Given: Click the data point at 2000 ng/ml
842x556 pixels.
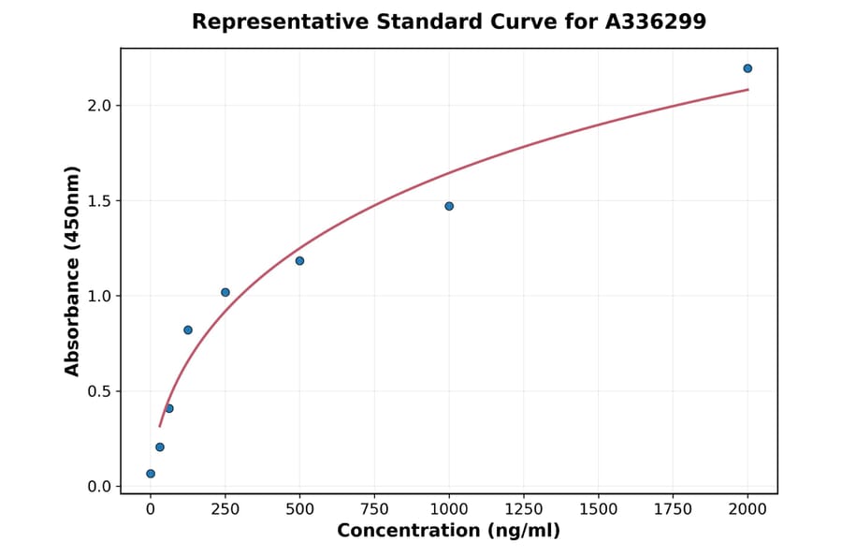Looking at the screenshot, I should (748, 68).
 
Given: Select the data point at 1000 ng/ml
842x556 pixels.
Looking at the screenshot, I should (449, 206).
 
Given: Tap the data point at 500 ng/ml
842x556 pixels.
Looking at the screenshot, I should (299, 260).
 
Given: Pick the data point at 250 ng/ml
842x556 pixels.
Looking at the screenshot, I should (225, 292).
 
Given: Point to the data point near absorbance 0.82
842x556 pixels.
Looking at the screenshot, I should (188, 329).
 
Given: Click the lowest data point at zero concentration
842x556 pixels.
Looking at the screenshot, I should (151, 474).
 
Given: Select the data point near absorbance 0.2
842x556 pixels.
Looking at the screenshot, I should (160, 446).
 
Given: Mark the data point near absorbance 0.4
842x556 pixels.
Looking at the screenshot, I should (169, 408).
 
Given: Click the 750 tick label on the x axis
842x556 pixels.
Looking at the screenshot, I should (374, 508).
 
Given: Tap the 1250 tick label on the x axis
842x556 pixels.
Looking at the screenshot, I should (524, 508).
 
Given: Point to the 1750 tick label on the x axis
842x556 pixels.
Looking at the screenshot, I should (673, 508).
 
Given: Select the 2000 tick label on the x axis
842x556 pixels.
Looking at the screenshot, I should (748, 508).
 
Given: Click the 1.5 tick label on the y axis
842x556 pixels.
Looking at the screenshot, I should (98, 200).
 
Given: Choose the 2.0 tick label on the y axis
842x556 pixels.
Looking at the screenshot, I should (98, 105).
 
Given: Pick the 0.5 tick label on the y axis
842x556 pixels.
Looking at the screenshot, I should (98, 391).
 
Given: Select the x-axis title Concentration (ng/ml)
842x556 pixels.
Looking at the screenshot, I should (448, 531).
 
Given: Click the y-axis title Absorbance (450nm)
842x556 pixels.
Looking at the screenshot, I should (73, 271).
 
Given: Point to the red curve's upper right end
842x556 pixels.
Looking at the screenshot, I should (748, 90).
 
